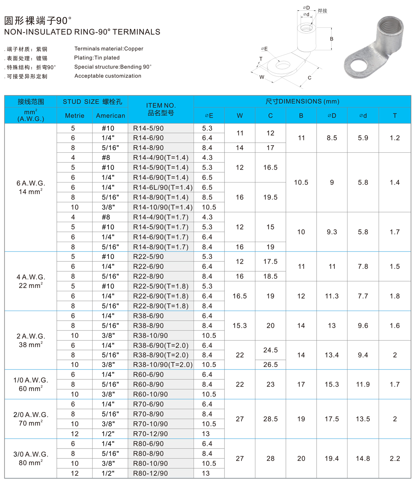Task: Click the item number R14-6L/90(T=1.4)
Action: (162, 187)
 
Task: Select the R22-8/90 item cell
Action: (148, 276)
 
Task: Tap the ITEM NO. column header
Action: (161, 109)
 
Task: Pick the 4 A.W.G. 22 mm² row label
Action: (30, 281)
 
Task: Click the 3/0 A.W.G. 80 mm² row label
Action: (30, 458)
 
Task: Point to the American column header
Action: (110, 116)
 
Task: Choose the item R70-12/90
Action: (148, 434)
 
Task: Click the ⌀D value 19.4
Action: (332, 458)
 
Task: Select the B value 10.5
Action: (301, 182)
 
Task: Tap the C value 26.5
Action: (270, 365)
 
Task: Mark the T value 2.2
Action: (395, 458)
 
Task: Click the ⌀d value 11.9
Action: (363, 384)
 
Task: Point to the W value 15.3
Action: (240, 326)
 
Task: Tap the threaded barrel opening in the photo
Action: (390, 27)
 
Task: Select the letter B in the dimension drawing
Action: (332, 39)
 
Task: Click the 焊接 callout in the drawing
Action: (322, 11)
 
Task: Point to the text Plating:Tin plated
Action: (97, 58)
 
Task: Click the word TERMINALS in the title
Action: (137, 32)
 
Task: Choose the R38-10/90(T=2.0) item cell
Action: (162, 365)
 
